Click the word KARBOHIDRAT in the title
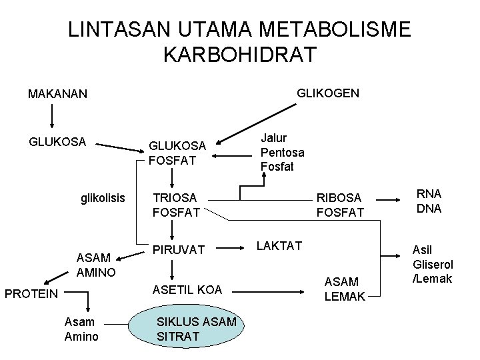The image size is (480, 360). tap(239, 54)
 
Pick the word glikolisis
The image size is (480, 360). tap(103, 198)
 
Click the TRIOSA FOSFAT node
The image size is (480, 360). tap(177, 205)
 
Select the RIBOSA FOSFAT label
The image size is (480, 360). tap(340, 205)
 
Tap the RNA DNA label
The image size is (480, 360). tap(429, 201)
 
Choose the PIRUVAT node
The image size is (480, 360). tap(179, 249)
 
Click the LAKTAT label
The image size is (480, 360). tap(279, 246)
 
